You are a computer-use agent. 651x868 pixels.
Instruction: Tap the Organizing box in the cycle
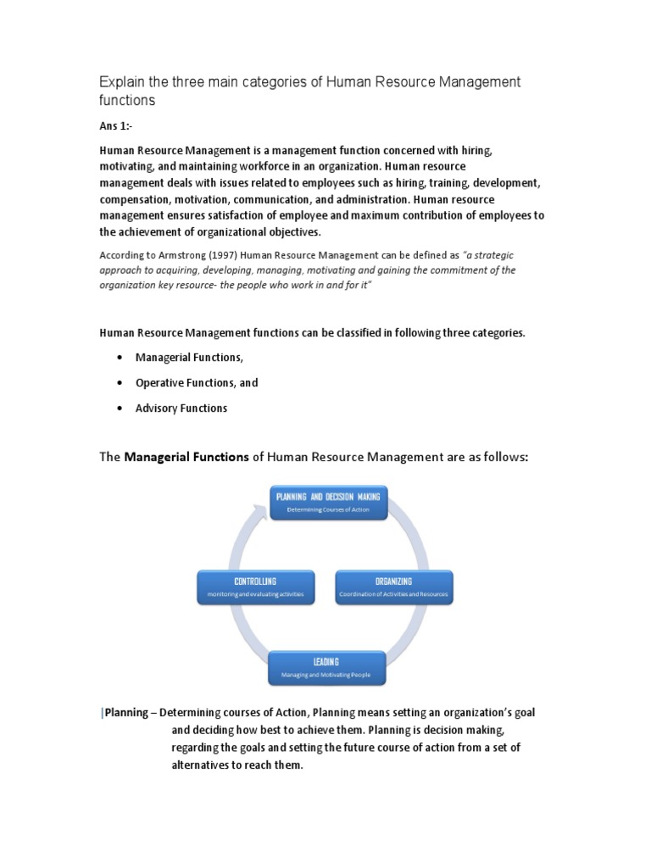coord(393,587)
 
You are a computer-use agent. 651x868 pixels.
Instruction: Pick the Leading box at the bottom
coord(326,667)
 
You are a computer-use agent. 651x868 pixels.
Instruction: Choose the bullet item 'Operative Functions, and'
coord(197,383)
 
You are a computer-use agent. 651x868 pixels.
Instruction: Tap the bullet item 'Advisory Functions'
coord(181,409)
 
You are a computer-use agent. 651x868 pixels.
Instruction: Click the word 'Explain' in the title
coord(122,82)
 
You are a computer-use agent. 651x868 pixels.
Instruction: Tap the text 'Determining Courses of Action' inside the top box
coord(328,509)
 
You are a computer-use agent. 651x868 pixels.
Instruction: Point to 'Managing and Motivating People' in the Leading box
coord(326,676)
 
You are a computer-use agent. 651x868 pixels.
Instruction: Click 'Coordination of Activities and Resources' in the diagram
coord(393,596)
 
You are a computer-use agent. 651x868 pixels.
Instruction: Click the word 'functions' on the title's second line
coord(128,101)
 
